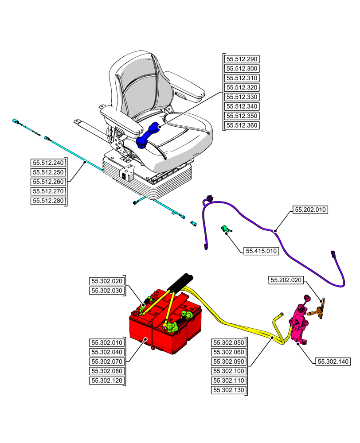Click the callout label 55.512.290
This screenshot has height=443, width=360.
click(242, 59)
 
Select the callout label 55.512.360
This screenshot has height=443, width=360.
click(242, 125)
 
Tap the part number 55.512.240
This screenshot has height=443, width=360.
click(48, 163)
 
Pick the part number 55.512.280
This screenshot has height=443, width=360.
click(48, 201)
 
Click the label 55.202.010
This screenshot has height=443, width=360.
click(309, 209)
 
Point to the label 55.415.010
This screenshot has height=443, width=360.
click(261, 251)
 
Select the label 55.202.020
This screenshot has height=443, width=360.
click(286, 280)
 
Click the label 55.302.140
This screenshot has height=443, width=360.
click(333, 361)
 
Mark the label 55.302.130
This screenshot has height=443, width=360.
click(228, 390)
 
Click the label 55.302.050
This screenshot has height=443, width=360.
click(228, 342)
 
